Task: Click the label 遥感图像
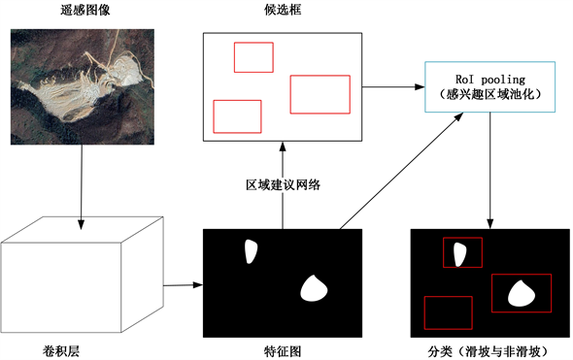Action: tap(84, 10)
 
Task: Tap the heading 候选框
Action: tap(283, 10)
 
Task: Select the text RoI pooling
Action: tap(490, 80)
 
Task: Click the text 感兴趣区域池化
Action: tap(490, 94)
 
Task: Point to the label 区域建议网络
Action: tap(283, 184)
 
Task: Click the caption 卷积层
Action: tap(60, 351)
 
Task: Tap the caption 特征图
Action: tap(283, 351)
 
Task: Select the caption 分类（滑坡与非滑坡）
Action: tap(489, 351)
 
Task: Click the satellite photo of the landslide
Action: tap(83, 87)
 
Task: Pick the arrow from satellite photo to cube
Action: tap(82, 187)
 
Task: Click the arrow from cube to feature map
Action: tap(184, 284)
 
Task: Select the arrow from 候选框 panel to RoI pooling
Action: tap(393, 87)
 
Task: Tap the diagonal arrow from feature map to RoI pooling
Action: tap(402, 171)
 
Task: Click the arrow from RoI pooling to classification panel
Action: tap(490, 171)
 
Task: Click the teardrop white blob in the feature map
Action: tap(314, 288)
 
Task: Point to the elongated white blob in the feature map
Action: tap(251, 251)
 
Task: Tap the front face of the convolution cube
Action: tap(61, 287)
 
